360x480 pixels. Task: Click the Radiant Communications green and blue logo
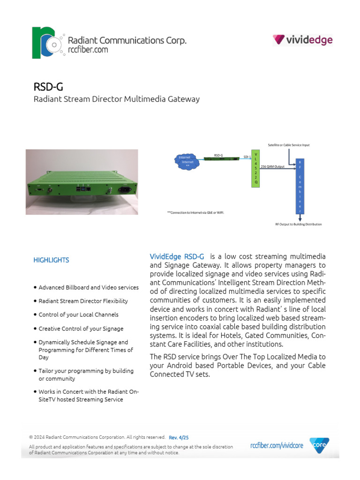point(45,43)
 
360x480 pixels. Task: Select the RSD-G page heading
point(48,87)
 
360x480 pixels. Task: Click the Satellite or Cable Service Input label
point(288,145)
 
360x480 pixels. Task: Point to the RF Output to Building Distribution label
point(299,225)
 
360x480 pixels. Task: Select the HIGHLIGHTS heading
point(51,260)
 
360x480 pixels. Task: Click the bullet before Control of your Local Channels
point(35,315)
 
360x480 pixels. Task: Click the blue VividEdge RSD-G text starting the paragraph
point(177,257)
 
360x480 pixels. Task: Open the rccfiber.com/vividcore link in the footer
point(277,446)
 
